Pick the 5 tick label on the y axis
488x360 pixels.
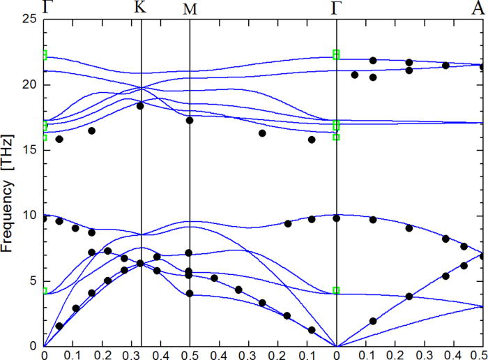click(x=31, y=280)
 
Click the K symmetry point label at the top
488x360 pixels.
click(x=140, y=8)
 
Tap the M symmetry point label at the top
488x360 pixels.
click(x=190, y=9)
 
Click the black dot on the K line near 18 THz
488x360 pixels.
click(x=140, y=106)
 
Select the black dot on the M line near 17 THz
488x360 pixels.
click(x=189, y=121)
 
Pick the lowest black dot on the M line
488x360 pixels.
click(x=190, y=293)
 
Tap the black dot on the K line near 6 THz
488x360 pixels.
click(x=140, y=263)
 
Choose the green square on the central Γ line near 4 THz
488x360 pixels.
click(x=336, y=290)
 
